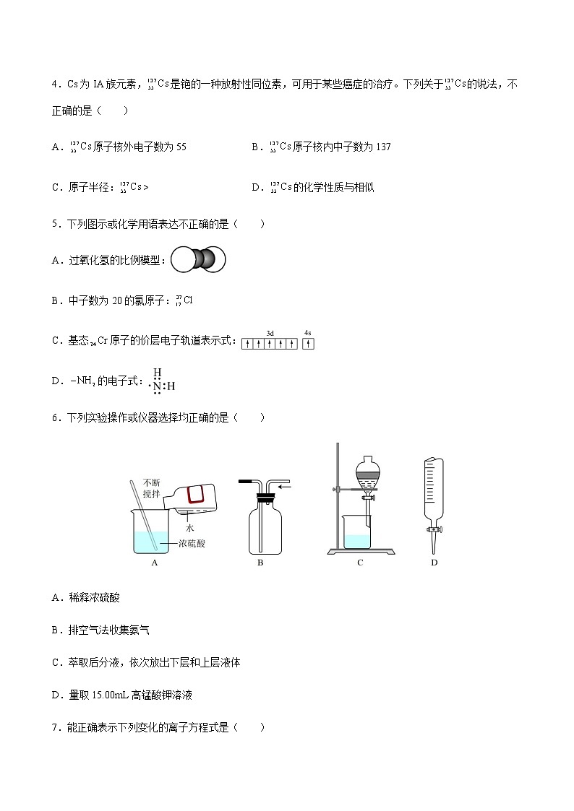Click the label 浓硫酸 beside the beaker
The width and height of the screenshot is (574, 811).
[192, 543]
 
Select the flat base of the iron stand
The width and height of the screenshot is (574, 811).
[360, 552]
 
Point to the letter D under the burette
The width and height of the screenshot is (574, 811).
[434, 563]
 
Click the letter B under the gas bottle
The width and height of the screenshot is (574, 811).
[260, 563]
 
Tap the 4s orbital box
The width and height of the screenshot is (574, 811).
[308, 344]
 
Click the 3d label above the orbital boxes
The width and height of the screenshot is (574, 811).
[270, 333]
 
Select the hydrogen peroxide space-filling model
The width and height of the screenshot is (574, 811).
[198, 259]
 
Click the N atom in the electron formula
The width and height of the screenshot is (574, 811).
[157, 386]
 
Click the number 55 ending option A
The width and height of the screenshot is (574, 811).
[181, 147]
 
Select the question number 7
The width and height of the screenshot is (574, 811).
[55, 728]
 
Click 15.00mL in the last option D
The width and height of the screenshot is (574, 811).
[106, 695]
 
